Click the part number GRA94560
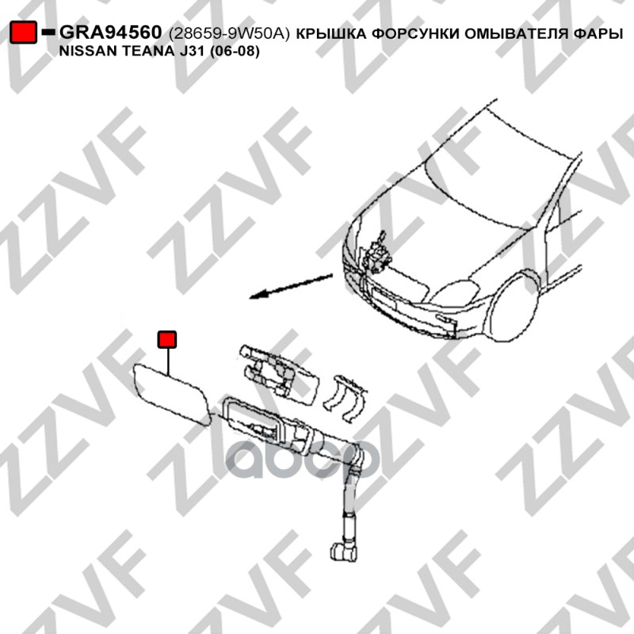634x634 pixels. point(110,32)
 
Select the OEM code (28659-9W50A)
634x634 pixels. point(229,34)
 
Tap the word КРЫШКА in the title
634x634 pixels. point(331,34)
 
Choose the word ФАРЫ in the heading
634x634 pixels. point(598,34)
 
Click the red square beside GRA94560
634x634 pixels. point(24,32)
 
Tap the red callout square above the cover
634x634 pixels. point(167,339)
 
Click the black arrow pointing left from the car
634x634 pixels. point(291,286)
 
